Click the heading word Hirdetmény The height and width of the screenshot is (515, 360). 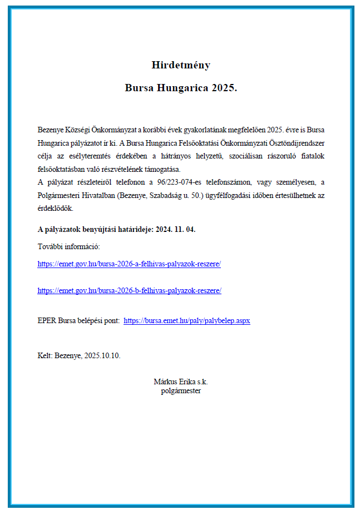click(x=181, y=65)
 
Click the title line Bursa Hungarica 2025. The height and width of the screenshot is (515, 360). click(x=181, y=88)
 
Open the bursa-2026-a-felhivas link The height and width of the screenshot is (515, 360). click(x=129, y=264)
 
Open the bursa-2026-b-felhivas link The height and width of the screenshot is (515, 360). click(x=129, y=290)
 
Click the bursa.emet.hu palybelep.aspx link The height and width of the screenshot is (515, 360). click(x=186, y=321)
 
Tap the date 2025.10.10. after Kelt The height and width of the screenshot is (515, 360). click(x=102, y=356)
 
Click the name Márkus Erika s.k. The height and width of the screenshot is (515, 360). click(x=181, y=382)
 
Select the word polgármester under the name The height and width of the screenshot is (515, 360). click(x=181, y=390)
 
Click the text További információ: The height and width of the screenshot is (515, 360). click(x=68, y=246)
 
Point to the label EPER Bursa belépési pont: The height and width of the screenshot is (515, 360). click(x=78, y=321)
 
